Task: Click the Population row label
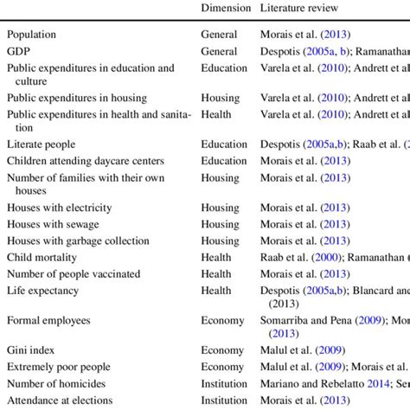pyautogui.click(x=43, y=35)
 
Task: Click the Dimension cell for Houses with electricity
pyautogui.click(x=221, y=208)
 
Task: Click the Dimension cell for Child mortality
pyautogui.click(x=217, y=257)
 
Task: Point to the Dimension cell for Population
pyautogui.click(x=219, y=35)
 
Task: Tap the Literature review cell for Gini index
pyautogui.click(x=302, y=350)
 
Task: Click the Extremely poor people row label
pyautogui.click(x=59, y=367)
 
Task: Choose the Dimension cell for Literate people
pyautogui.click(x=224, y=144)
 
